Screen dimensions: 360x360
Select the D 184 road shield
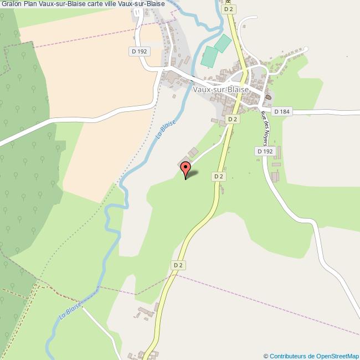pyautogui.click(x=282, y=112)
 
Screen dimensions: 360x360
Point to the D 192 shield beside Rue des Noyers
pyautogui.click(x=265, y=151)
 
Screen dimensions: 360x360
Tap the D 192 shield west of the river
pyautogui.click(x=140, y=52)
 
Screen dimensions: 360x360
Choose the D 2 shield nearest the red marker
pyautogui.click(x=218, y=176)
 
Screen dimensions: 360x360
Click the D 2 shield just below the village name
pyautogui.click(x=233, y=119)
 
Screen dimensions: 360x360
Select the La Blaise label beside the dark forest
pyautogui.click(x=71, y=311)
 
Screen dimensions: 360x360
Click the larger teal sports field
pyautogui.click(x=210, y=56)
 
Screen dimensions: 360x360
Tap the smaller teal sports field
pyautogui.click(x=223, y=43)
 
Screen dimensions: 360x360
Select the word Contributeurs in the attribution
pyautogui.click(x=289, y=356)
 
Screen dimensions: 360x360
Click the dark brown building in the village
pyautogui.click(x=269, y=97)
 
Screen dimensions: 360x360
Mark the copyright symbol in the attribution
pyautogui.click(x=266, y=356)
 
